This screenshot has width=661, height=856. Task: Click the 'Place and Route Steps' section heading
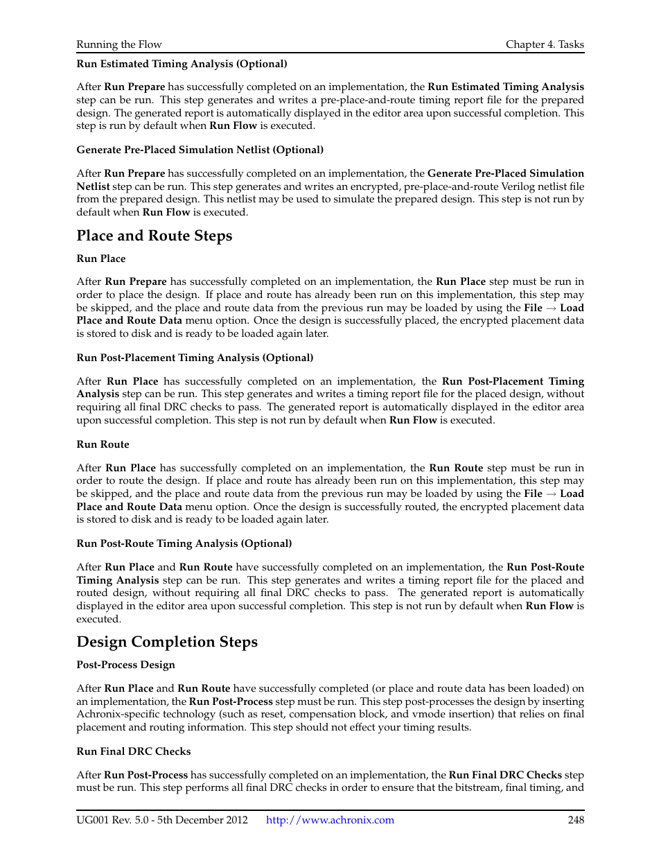click(154, 236)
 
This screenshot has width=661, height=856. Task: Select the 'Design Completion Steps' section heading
click(167, 642)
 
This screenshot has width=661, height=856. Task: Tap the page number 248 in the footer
click(575, 820)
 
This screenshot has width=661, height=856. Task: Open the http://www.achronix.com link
click(330, 820)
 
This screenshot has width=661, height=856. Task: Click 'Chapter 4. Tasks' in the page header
click(545, 44)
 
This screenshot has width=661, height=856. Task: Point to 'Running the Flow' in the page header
click(119, 44)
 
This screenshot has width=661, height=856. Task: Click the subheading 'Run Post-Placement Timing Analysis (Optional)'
click(195, 358)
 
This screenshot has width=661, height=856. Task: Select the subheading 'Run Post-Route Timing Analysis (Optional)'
click(184, 543)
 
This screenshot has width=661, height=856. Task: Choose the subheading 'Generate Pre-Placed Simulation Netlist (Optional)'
click(200, 150)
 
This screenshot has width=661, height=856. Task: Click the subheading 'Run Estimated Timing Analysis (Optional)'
click(182, 64)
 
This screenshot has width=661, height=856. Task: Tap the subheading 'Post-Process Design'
click(125, 665)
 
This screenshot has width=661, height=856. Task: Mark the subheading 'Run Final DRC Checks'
click(134, 751)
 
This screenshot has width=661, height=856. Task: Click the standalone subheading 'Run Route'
click(103, 444)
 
